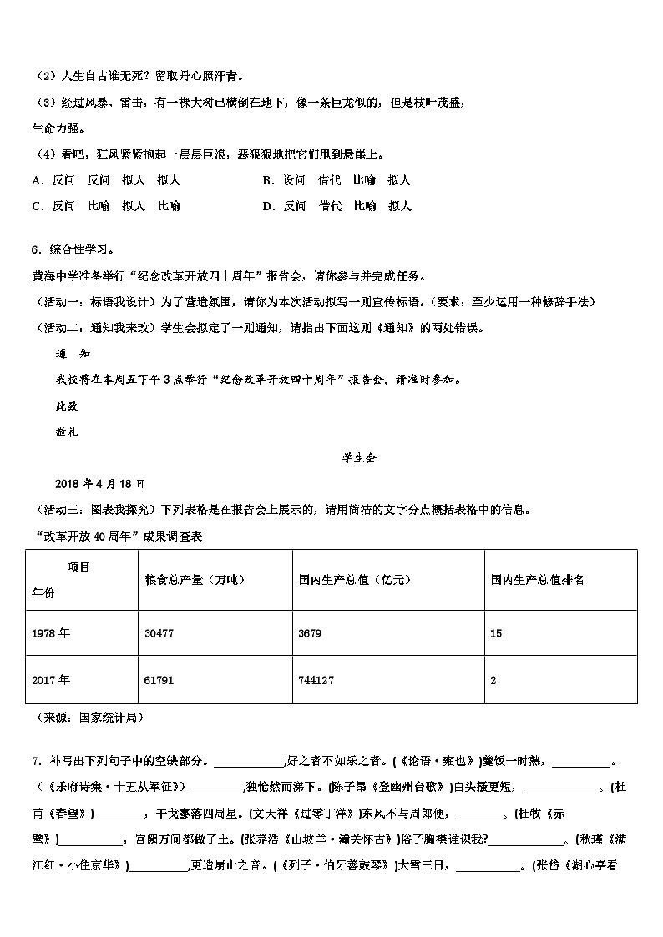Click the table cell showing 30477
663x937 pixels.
pos(159,634)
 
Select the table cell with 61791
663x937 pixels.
pos(159,680)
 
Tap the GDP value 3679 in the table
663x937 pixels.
pos(310,634)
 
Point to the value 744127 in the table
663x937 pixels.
pos(316,680)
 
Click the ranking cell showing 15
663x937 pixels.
pos(496,634)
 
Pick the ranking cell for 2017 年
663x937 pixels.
pos(493,680)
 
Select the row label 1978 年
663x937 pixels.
pos(51,634)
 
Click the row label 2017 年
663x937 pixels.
pos(51,680)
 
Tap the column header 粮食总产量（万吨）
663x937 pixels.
pos(195,580)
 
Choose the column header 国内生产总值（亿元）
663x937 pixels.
pos(354,580)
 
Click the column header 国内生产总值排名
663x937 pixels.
pos(537,580)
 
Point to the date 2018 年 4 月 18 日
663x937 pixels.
pos(99,483)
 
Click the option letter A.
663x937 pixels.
pos(37,180)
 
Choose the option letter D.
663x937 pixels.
pos(267,206)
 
